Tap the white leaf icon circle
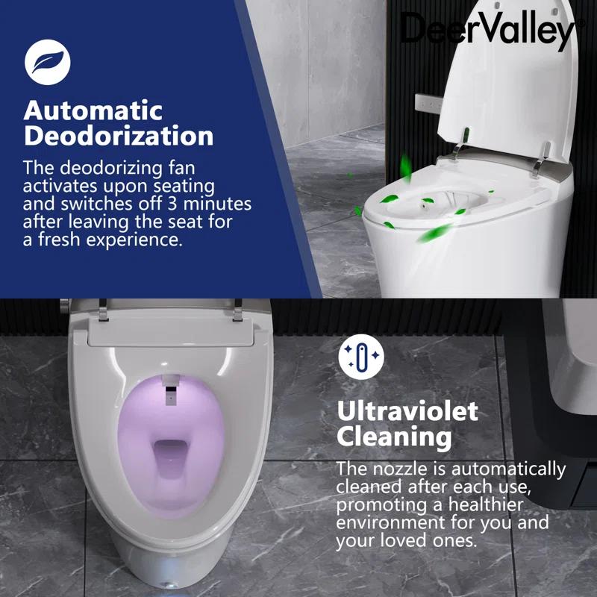(47, 61)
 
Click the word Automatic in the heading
(93, 110)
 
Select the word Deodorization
(118, 137)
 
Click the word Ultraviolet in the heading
(407, 410)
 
